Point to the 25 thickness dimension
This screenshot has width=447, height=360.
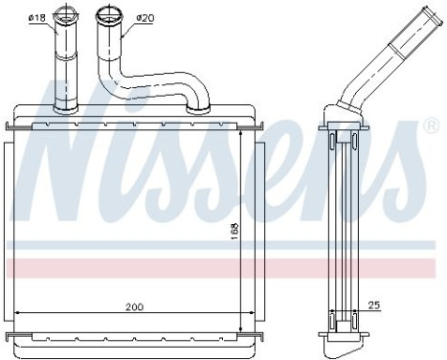374,307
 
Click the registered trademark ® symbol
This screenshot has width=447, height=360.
434,125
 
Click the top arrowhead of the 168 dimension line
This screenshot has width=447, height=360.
240,132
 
